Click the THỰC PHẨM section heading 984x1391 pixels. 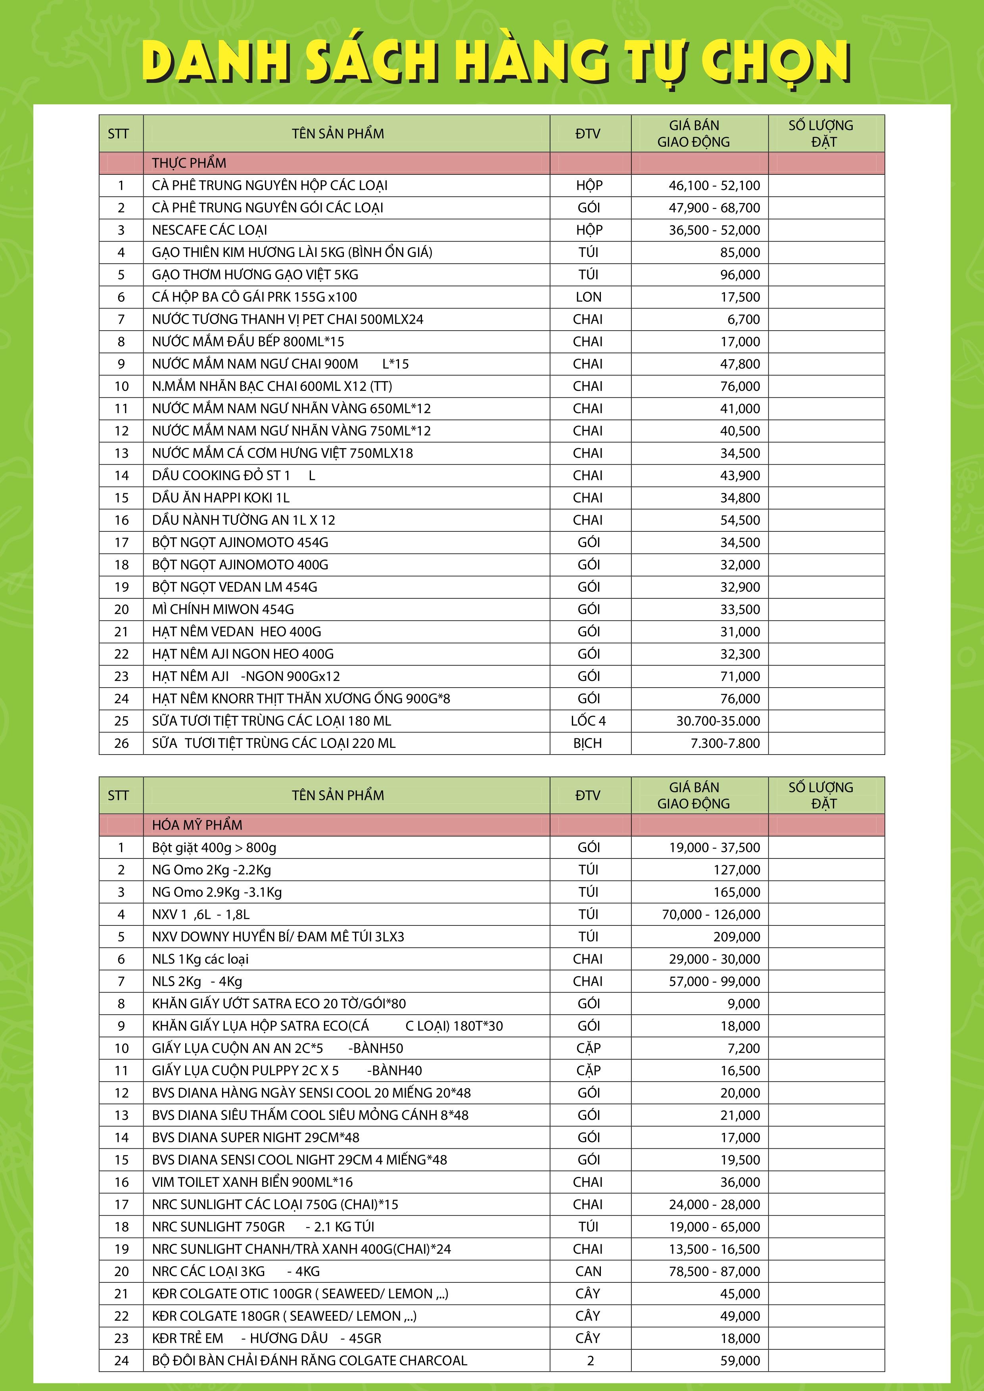pyautogui.click(x=189, y=163)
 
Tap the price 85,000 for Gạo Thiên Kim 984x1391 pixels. pyautogui.click(x=740, y=253)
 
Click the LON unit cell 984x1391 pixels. pyautogui.click(x=588, y=297)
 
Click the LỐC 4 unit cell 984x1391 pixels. pyautogui.click(x=588, y=721)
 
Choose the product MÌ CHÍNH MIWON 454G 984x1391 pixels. pyautogui.click(x=223, y=609)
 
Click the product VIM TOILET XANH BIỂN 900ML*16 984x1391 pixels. pyautogui.click(x=252, y=1182)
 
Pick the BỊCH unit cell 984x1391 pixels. pyautogui.click(x=588, y=743)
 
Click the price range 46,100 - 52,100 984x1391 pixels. pyautogui.click(x=714, y=186)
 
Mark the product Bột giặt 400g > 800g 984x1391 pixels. pyautogui.click(x=214, y=847)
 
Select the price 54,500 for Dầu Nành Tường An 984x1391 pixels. pyautogui.click(x=740, y=520)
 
